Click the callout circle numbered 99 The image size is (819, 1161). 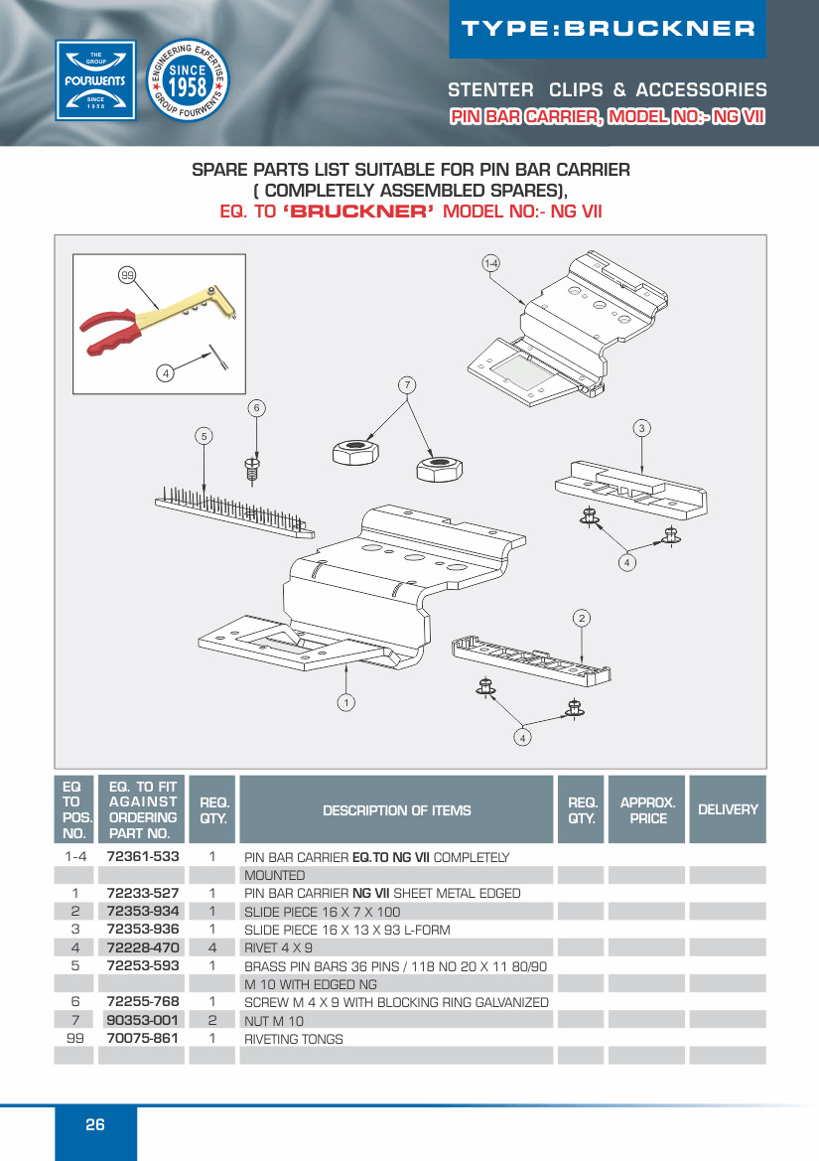point(126,274)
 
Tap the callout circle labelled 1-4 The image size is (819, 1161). point(490,263)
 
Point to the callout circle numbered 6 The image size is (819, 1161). point(256,408)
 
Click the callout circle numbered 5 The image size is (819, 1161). point(203,435)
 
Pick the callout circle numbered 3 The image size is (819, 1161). point(642,428)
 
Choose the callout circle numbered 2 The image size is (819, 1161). point(582,619)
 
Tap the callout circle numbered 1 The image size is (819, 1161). point(345,702)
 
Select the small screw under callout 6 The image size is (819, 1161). point(252,467)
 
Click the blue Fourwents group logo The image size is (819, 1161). point(95,80)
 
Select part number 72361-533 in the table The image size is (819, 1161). point(143,856)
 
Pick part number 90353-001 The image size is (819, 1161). point(143,1020)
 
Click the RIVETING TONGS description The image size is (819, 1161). point(294,1039)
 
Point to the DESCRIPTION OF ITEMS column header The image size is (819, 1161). point(396,810)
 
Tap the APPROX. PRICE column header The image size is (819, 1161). point(647,810)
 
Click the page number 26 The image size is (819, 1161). point(95,1125)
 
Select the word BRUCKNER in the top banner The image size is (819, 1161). point(659,29)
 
